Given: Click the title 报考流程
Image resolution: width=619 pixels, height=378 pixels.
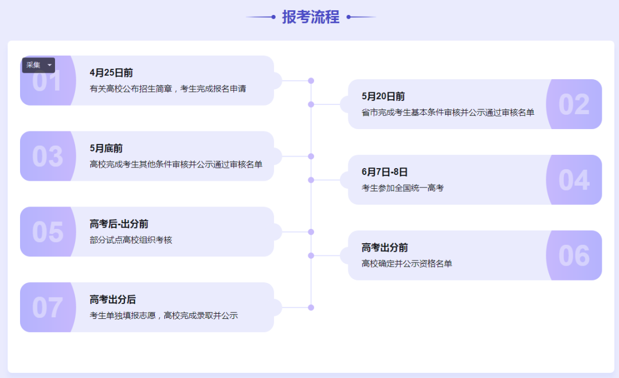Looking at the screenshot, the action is click(311, 17).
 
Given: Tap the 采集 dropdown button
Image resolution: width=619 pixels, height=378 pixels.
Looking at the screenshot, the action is click(38, 65).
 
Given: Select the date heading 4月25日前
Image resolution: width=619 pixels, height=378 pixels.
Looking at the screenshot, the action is click(111, 73).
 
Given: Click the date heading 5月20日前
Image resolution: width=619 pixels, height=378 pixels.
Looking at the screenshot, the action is click(383, 96).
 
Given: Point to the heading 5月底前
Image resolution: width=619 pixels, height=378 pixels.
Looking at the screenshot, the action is click(106, 149).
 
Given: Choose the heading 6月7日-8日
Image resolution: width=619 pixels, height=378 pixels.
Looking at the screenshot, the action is click(385, 172).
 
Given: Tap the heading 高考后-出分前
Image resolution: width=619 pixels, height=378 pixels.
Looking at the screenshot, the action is click(119, 224).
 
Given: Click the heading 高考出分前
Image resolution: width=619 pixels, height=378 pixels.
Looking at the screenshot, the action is click(385, 248).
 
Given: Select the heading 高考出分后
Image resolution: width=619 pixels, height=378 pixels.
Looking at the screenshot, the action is click(112, 299).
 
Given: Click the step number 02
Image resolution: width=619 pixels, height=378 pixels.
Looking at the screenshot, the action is click(574, 104).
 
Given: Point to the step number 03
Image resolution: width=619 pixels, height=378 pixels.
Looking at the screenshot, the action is click(48, 157).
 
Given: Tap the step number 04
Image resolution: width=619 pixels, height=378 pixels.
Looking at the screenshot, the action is click(574, 180).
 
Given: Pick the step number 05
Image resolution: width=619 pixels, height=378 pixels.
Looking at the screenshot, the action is click(48, 232).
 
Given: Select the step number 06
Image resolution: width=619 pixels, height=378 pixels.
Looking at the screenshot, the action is click(574, 256).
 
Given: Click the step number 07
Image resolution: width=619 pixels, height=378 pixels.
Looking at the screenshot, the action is click(48, 307).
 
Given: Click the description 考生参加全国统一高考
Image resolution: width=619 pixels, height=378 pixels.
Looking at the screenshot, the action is click(403, 188).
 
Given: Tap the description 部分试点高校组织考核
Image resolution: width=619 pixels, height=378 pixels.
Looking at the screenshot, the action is click(131, 240).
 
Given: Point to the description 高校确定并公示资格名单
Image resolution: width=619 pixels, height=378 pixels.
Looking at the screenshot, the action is click(406, 263).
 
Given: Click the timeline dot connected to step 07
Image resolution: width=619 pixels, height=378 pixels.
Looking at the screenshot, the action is click(311, 307).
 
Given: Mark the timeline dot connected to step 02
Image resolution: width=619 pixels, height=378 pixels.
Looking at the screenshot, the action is click(311, 104).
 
